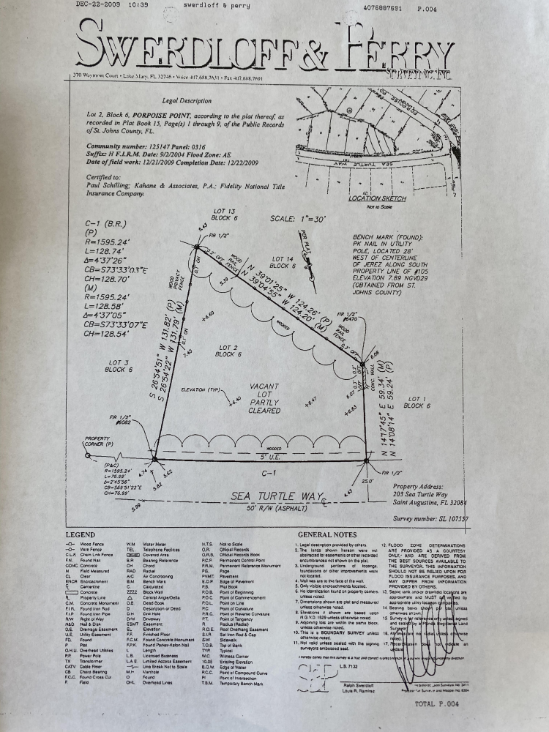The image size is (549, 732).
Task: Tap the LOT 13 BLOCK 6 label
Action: point(222,214)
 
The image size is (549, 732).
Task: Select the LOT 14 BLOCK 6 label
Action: point(282,263)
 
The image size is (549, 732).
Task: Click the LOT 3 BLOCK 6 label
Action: point(118,366)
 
